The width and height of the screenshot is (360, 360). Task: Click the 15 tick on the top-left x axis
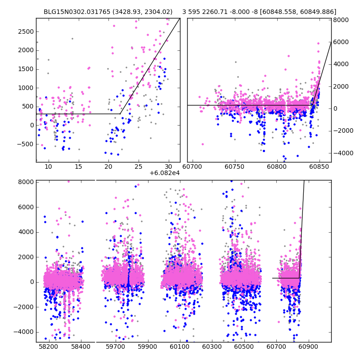[79, 166]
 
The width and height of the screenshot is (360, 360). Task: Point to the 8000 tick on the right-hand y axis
[341, 20]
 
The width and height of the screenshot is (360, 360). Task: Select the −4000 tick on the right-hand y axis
[341, 153]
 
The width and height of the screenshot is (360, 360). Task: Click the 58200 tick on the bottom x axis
[48, 347]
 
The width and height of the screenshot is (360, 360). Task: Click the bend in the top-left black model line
[121, 114]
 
